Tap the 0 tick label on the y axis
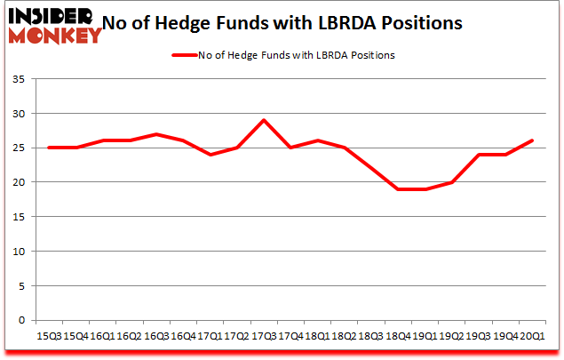pos(21,320)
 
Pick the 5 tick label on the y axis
pos(21,285)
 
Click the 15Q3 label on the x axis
pos(50,336)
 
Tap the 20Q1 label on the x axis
pos(533,336)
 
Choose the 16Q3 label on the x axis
pos(156,336)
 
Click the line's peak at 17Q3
pos(264,120)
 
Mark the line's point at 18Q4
pos(397,189)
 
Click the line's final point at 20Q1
pos(531,140)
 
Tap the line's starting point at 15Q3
pos(49,148)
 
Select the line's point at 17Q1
pos(210,155)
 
